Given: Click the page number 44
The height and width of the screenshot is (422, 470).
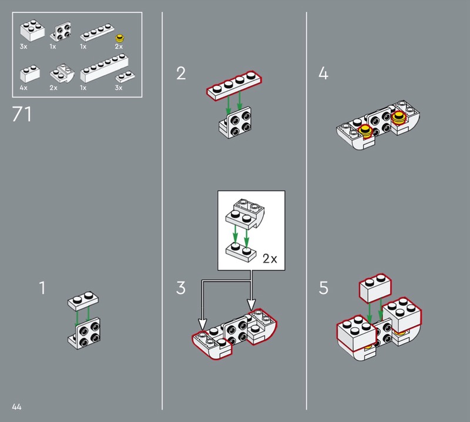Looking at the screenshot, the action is point(16,407).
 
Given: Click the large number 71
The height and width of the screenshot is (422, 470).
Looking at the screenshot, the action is point(22,114).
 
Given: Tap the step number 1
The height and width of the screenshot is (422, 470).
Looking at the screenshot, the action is point(42,287).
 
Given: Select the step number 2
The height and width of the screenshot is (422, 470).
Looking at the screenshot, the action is point(181,73).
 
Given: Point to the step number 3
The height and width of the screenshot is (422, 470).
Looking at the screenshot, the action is point(181,287).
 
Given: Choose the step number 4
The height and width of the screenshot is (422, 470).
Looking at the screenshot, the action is point(323,73).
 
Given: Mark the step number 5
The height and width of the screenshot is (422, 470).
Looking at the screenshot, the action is point(324,287).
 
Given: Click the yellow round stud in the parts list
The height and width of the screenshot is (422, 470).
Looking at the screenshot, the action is point(120,38).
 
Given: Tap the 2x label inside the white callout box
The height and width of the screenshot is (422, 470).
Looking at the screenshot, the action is point(270,259).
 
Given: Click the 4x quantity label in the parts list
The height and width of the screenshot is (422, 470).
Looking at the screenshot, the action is point(23,88).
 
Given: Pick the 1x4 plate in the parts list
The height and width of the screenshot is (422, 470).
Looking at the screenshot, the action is point(97,33).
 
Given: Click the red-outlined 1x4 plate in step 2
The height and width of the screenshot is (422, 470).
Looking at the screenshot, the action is point(234,85).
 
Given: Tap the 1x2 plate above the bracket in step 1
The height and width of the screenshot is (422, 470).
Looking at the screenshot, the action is point(83,300).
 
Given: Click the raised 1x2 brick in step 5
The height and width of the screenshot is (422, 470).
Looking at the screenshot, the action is point(375,288).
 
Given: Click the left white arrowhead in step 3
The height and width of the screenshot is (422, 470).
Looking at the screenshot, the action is point(203,324).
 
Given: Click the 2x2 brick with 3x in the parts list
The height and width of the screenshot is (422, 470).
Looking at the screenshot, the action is point(32,31).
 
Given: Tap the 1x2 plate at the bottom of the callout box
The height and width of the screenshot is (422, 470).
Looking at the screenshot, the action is point(241,253).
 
